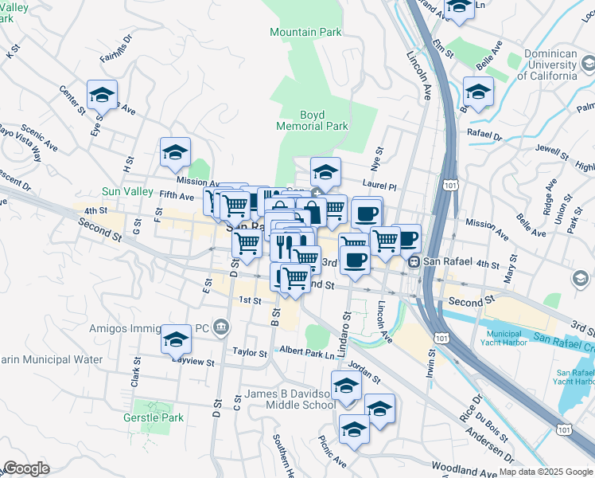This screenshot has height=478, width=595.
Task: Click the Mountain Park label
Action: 305,32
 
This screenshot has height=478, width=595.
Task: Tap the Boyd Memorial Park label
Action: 312,120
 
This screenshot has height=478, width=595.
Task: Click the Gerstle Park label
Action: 154,417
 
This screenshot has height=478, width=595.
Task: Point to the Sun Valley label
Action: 126,191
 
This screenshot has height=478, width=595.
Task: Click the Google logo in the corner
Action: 26,468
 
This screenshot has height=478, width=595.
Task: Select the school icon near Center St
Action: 102,96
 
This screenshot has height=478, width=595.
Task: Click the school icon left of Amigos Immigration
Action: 176,340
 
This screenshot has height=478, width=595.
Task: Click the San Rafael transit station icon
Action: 413,262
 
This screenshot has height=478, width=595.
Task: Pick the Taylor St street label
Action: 249,351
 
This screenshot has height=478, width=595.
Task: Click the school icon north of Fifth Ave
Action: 175,153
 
